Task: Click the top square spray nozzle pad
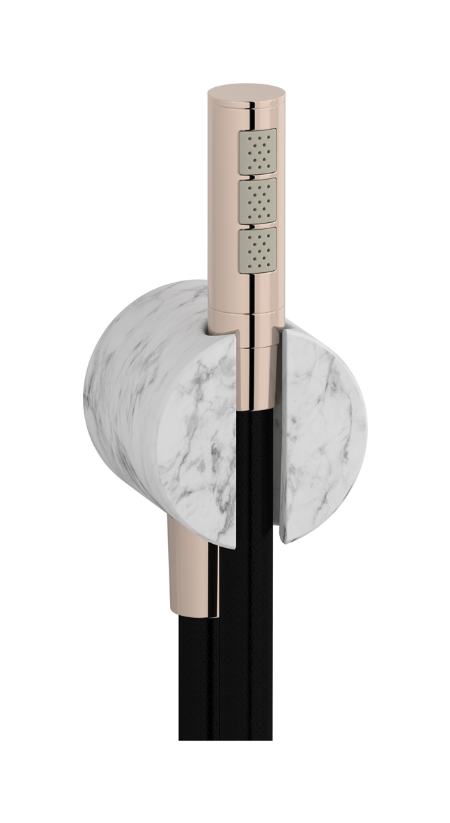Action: point(257,150)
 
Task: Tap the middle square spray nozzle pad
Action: point(257,200)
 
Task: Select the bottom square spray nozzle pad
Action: point(257,250)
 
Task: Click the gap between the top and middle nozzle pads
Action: point(257,176)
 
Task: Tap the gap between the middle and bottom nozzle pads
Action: point(257,225)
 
